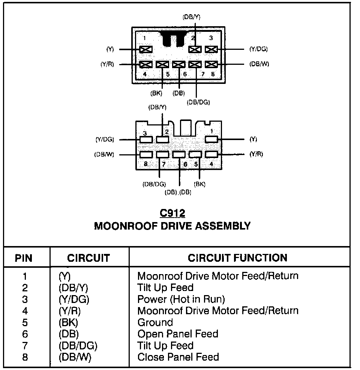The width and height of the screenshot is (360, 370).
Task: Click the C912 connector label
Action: [172, 213]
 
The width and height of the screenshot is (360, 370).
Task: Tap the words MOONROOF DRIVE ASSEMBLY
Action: [172, 226]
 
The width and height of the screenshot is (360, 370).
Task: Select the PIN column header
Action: [23, 258]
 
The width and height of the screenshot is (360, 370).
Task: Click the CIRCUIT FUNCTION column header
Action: [238, 258]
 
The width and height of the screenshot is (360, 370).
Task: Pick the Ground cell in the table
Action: [155, 322]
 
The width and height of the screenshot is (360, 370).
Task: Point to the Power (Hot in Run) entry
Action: [181, 299]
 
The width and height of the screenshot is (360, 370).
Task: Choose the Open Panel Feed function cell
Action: [178, 334]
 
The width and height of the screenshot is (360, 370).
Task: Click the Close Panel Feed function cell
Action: [178, 357]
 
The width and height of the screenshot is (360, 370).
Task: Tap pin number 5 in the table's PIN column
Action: [25, 322]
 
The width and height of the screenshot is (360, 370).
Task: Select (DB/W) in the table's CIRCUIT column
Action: [75, 357]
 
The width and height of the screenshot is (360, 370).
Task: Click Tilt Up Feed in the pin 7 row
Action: [165, 346]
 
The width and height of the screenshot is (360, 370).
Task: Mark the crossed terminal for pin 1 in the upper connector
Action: [145, 49]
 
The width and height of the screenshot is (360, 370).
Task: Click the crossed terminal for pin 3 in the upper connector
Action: [211, 49]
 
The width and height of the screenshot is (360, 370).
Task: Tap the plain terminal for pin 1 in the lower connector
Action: [211, 140]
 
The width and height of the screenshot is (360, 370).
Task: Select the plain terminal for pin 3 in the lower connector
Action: [145, 140]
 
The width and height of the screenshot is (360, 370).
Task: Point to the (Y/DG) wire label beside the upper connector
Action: [258, 49]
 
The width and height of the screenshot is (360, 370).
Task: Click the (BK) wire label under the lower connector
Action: [199, 184]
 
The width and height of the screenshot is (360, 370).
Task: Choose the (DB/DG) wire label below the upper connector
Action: [198, 102]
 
